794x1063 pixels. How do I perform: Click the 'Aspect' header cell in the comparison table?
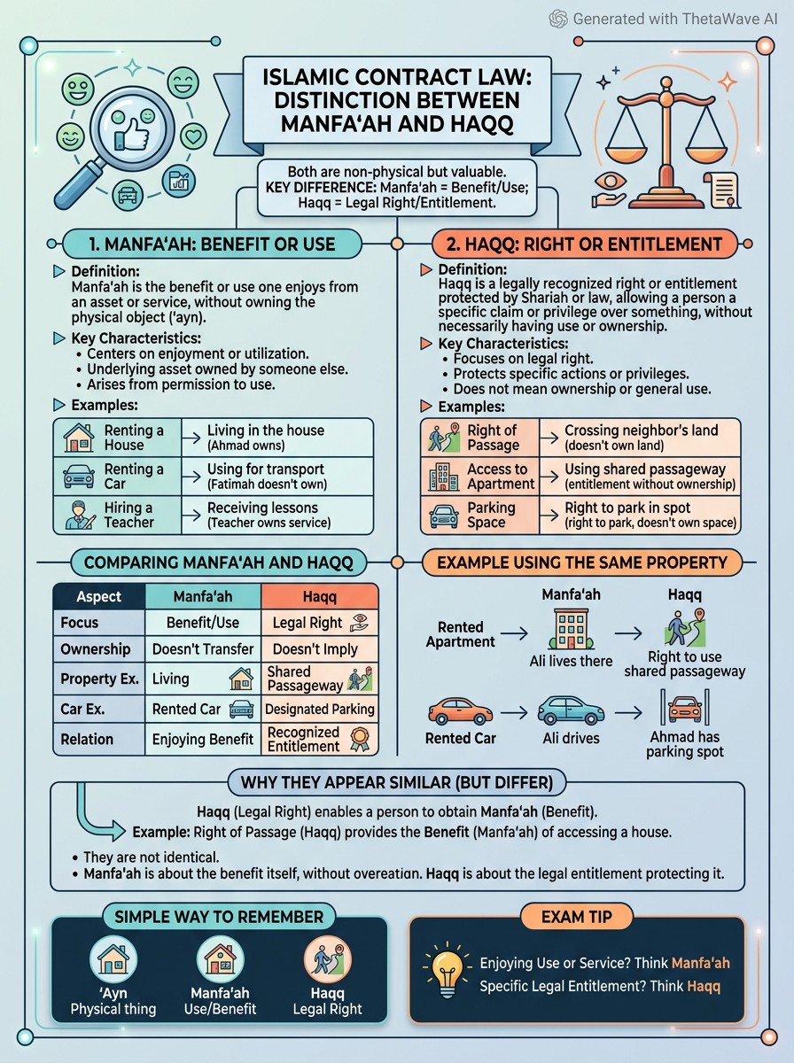tap(99, 596)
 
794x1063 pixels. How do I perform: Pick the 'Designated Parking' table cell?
tap(320, 710)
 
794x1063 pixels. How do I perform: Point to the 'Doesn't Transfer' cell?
tap(203, 649)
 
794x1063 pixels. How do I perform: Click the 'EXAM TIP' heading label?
tap(577, 916)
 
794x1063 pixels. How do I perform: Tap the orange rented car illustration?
tap(460, 711)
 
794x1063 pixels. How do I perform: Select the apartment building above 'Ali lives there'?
tap(572, 628)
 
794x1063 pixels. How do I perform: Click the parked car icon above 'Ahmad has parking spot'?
tap(684, 708)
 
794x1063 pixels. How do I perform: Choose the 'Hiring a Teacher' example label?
tap(128, 515)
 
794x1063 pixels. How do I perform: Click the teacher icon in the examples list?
tap(78, 516)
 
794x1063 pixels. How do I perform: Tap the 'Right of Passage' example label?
tap(493, 438)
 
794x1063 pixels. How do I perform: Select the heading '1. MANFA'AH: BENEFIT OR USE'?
tap(212, 244)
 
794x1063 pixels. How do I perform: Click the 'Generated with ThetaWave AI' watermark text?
tap(675, 19)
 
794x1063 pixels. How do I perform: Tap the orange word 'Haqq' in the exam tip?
tap(704, 986)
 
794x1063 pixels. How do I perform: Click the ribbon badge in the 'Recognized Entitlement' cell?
tap(360, 740)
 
